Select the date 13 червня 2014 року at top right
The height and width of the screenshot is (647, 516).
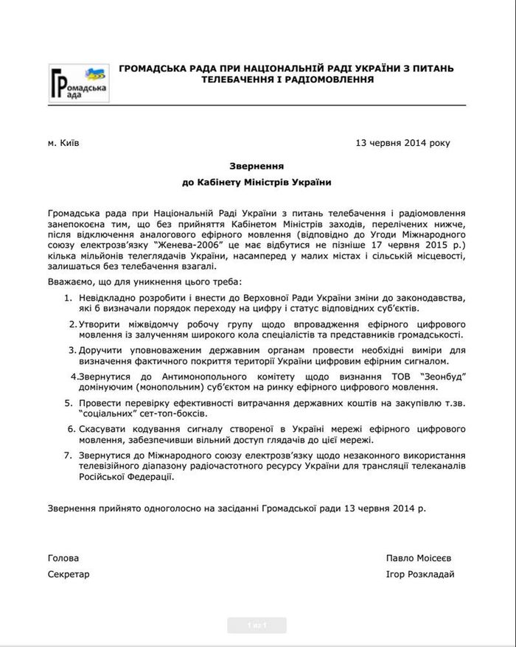click(402, 142)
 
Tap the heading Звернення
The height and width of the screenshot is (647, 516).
click(257, 167)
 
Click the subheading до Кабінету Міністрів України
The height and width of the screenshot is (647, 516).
click(257, 182)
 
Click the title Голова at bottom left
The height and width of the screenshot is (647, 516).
click(63, 558)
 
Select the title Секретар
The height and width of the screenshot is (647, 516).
click(69, 574)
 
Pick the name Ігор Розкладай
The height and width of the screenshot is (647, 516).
click(419, 574)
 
